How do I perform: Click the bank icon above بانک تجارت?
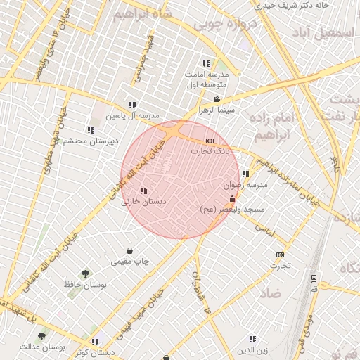209,141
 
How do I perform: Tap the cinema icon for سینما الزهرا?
217,99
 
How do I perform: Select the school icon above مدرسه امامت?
206,63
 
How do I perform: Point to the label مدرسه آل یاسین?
133,115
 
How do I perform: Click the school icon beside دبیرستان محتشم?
91,129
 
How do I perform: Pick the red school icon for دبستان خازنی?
143,191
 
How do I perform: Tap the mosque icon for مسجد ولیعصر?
233,199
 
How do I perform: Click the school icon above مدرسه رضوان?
245,174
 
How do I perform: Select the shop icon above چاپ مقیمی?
130,250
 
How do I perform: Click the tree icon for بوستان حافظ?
86,274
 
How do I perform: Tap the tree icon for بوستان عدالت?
42,336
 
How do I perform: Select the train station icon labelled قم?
314,278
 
